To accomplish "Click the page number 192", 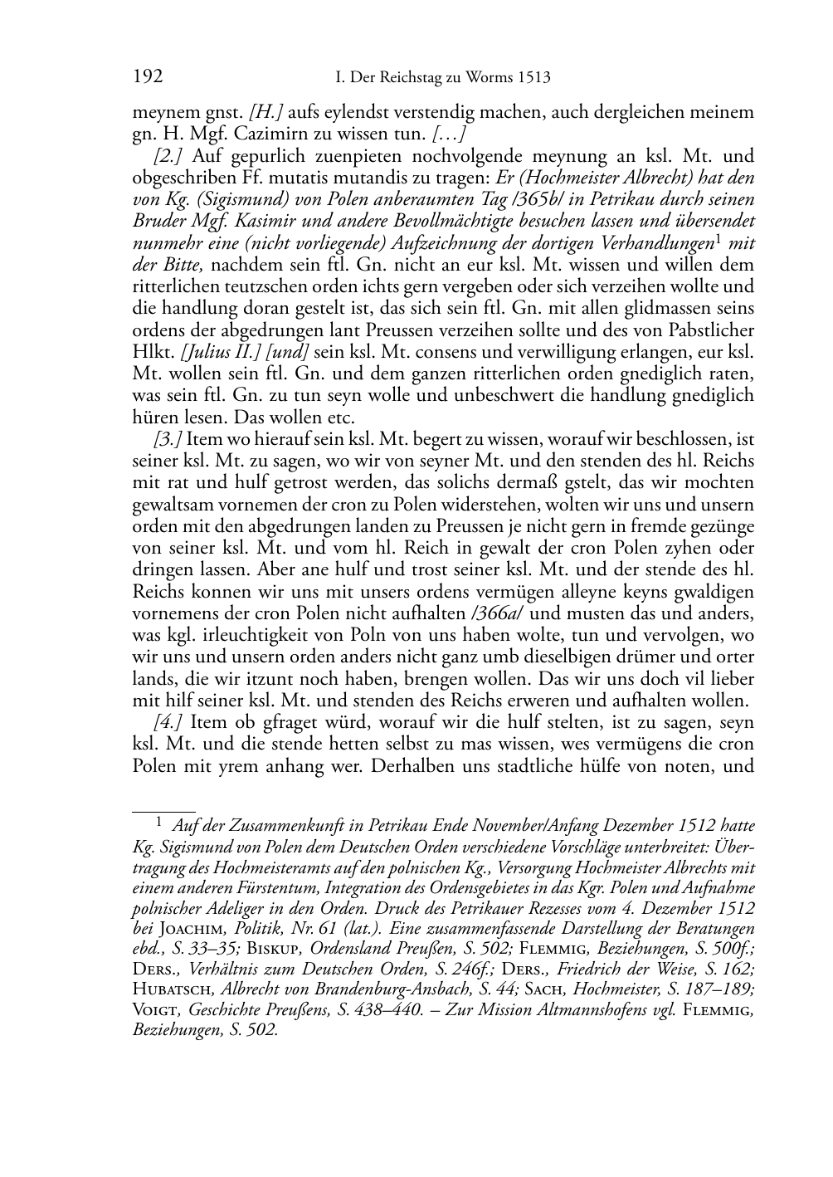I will tap(147, 77).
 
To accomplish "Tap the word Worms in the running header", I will tap(481, 78).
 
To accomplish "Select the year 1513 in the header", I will tap(533, 78).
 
